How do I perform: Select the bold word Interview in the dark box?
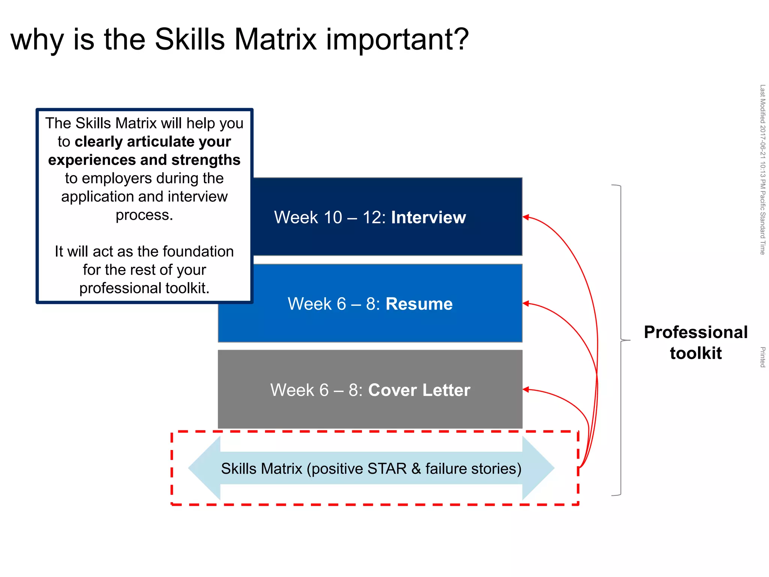point(428,218)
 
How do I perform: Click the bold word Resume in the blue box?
point(419,304)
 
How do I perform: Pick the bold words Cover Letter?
point(419,390)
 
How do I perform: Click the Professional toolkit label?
point(695,343)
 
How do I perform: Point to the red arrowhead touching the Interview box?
point(526,217)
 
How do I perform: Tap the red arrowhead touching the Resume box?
point(526,304)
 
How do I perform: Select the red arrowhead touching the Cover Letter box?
point(526,390)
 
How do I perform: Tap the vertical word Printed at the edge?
point(762,357)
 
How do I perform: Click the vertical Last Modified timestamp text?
point(762,169)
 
